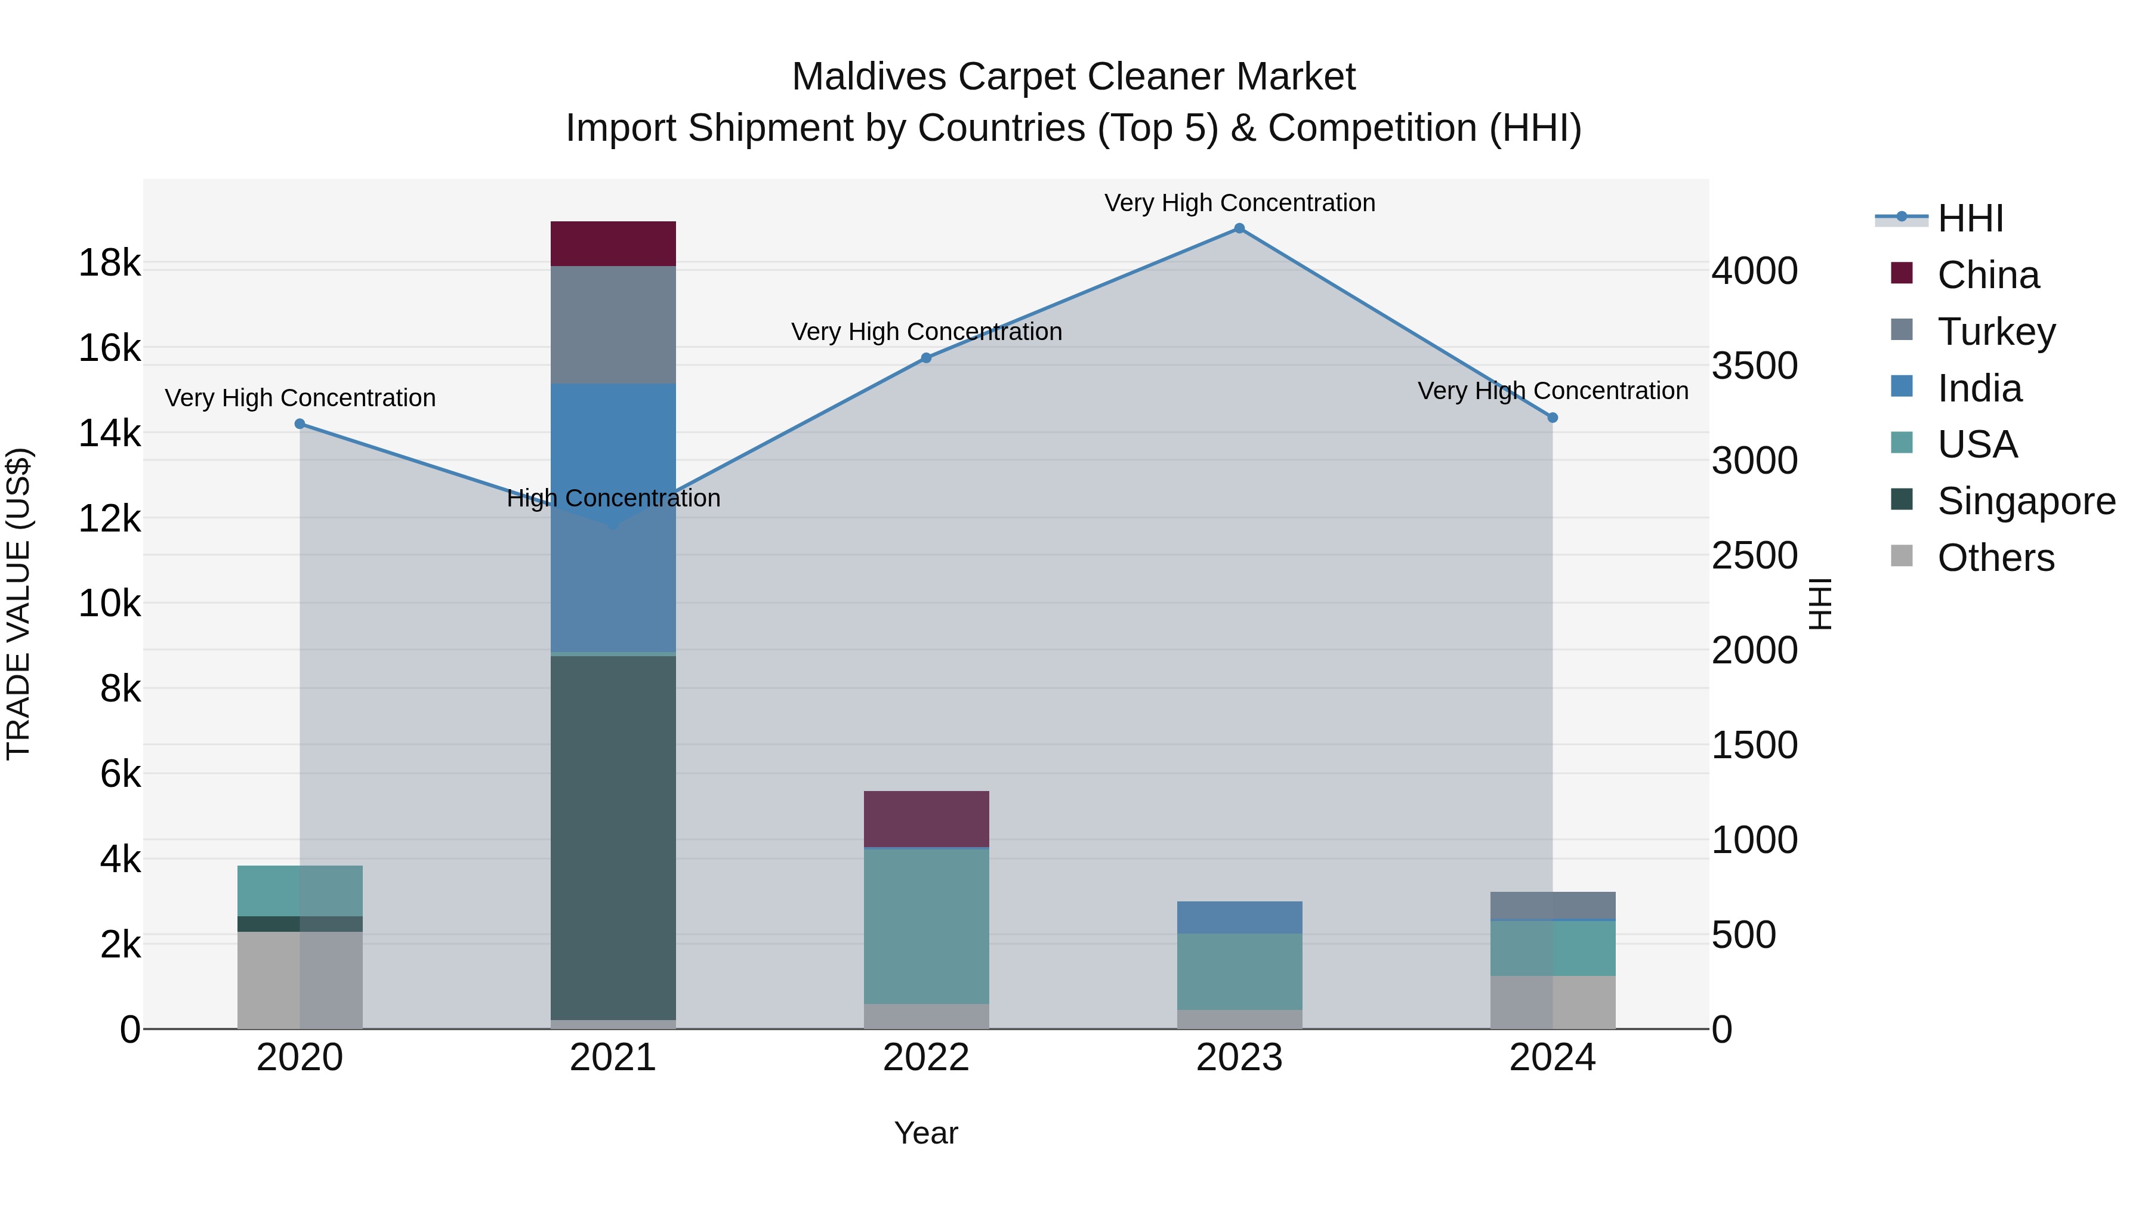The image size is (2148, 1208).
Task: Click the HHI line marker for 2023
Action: [x=1239, y=228]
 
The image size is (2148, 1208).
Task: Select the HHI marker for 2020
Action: [x=300, y=424]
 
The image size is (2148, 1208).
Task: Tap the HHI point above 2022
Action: [x=925, y=358]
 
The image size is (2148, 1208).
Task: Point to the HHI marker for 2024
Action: [x=1553, y=418]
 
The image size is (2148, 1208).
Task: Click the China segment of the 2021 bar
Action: [x=613, y=243]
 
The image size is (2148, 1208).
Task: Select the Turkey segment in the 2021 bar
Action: [x=613, y=325]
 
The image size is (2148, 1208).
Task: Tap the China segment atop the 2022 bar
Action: [x=925, y=818]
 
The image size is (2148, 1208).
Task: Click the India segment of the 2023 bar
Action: [x=1239, y=917]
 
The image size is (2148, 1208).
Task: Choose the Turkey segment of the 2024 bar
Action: [x=1553, y=906]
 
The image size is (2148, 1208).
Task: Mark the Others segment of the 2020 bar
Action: [x=300, y=980]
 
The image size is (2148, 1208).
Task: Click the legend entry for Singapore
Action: [x=2026, y=501]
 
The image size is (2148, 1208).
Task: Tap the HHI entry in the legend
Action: [x=1970, y=218]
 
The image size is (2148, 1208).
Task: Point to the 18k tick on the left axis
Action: [x=109, y=262]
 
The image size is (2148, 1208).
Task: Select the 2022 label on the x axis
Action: [x=925, y=1058]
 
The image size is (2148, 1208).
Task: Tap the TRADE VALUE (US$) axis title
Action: [x=18, y=604]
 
